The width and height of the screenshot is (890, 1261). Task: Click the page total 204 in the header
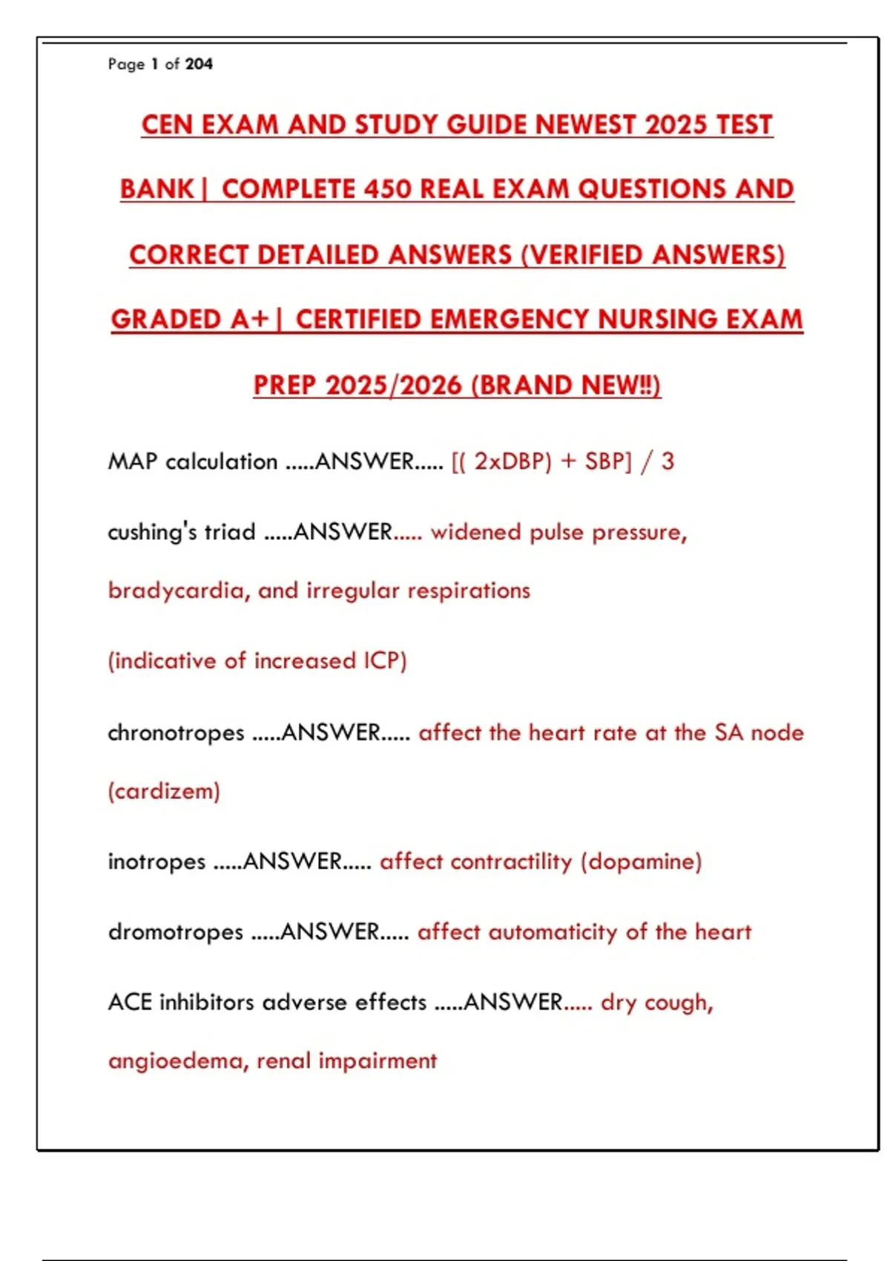(199, 65)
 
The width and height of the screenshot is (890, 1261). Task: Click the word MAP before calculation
(133, 461)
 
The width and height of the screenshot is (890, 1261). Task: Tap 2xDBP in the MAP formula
(512, 461)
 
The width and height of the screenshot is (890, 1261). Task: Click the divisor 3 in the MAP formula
(667, 461)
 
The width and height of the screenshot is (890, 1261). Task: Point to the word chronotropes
(176, 733)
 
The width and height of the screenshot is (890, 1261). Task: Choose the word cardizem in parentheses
(164, 791)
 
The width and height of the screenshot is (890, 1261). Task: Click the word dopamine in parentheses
(642, 862)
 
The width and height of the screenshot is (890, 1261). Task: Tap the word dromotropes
(176, 932)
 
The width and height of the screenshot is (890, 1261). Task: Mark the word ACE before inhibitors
(130, 1002)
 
